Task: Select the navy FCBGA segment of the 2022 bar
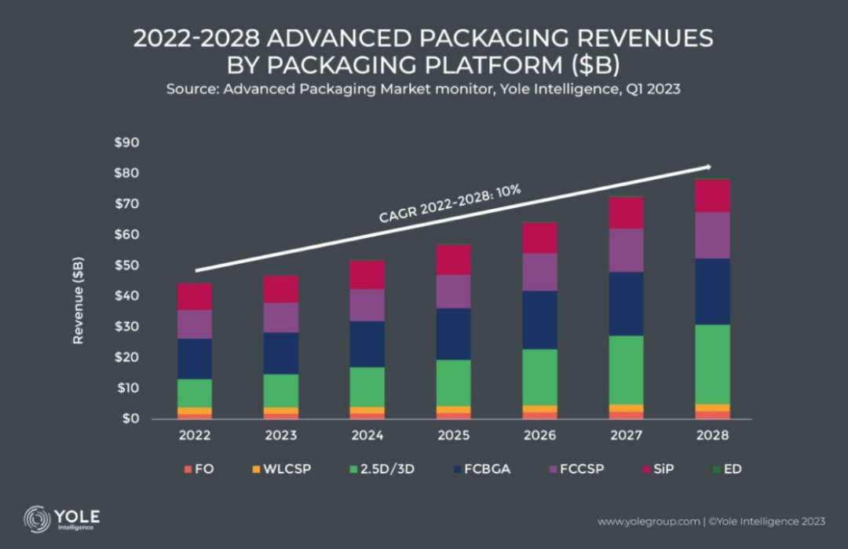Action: [x=195, y=358]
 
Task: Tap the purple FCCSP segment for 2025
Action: [x=454, y=291]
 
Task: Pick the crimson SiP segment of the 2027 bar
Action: [x=627, y=213]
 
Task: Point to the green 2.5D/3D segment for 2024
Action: [x=367, y=386]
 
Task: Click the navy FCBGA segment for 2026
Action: [x=540, y=320]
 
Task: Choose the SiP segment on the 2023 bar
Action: [x=281, y=289]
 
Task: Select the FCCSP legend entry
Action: [x=578, y=469]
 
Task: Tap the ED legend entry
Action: [x=728, y=469]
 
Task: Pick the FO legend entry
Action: [x=199, y=469]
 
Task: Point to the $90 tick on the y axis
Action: [x=127, y=143]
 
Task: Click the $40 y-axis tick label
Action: [x=127, y=296]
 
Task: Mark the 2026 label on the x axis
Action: [x=540, y=434]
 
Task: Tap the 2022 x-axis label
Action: [x=195, y=434]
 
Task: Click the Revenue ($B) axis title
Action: [x=79, y=300]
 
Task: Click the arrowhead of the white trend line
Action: [x=708, y=167]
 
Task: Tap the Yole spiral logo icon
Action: [x=36, y=519]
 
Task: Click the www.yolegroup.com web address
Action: [x=649, y=521]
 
